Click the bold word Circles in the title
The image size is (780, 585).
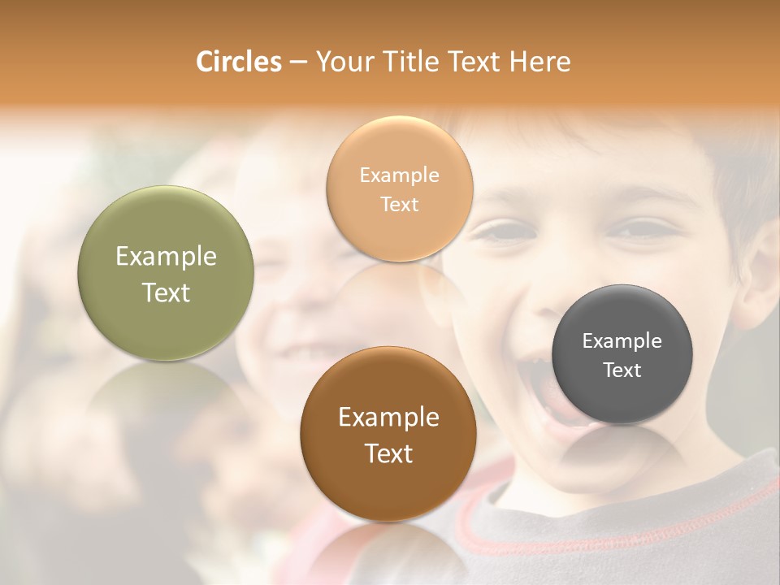point(238,62)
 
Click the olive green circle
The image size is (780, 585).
point(166,274)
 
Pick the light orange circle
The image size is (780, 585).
point(399,188)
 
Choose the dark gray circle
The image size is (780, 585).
point(622,354)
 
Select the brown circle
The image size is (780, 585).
point(389,435)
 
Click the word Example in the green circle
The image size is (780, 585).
point(166,257)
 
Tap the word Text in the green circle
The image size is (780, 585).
point(166,292)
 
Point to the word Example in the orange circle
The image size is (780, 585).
point(399,175)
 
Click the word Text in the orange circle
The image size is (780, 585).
point(399,204)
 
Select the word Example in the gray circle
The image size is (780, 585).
point(622,341)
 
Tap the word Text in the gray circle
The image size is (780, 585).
point(622,370)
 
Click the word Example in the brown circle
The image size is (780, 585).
point(389,418)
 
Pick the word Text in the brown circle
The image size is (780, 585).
point(389,453)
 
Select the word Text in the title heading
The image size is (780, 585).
point(474,62)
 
